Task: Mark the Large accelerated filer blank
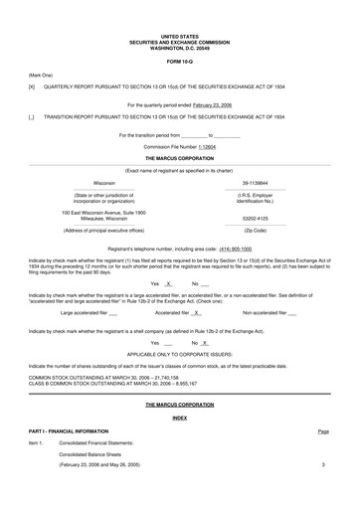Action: [112, 312]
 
